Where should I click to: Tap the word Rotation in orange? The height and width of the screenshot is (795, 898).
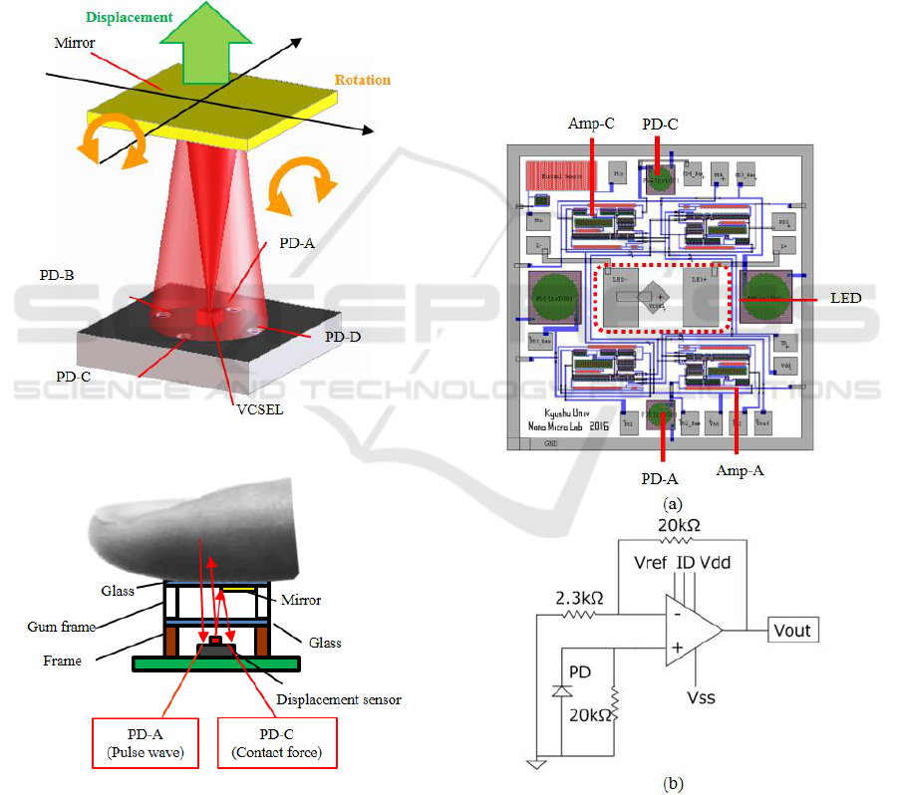pyautogui.click(x=363, y=80)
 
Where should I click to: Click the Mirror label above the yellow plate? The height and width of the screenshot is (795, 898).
pyautogui.click(x=76, y=45)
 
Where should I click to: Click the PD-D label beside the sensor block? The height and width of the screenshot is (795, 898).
pyautogui.click(x=344, y=338)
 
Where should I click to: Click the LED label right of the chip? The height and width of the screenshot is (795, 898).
pyautogui.click(x=844, y=299)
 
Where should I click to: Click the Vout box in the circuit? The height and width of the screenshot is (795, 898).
pyautogui.click(x=791, y=630)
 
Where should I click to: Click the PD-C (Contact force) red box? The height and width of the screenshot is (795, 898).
pyautogui.click(x=277, y=743)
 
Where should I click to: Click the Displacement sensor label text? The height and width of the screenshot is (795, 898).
pyautogui.click(x=339, y=699)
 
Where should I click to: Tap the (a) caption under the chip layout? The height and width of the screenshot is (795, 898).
pyautogui.click(x=677, y=504)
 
